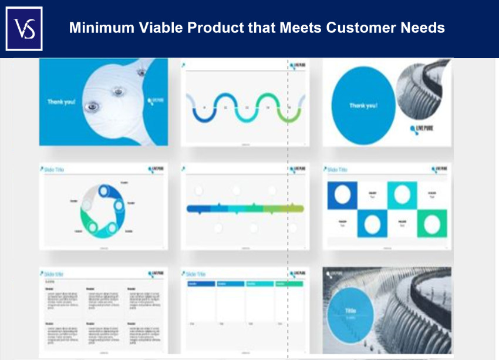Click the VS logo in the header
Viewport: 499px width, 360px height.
(x=24, y=29)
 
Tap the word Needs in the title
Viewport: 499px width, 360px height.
(x=424, y=28)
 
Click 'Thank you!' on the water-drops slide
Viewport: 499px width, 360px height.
(x=61, y=102)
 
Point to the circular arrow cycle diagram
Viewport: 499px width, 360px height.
(x=103, y=210)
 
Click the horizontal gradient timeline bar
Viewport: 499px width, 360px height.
(x=245, y=208)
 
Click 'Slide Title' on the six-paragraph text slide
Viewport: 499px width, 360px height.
(x=54, y=274)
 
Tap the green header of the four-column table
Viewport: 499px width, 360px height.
(x=289, y=284)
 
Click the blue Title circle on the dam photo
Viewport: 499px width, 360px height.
(x=350, y=314)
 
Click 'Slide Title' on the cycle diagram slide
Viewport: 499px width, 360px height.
(x=54, y=170)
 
